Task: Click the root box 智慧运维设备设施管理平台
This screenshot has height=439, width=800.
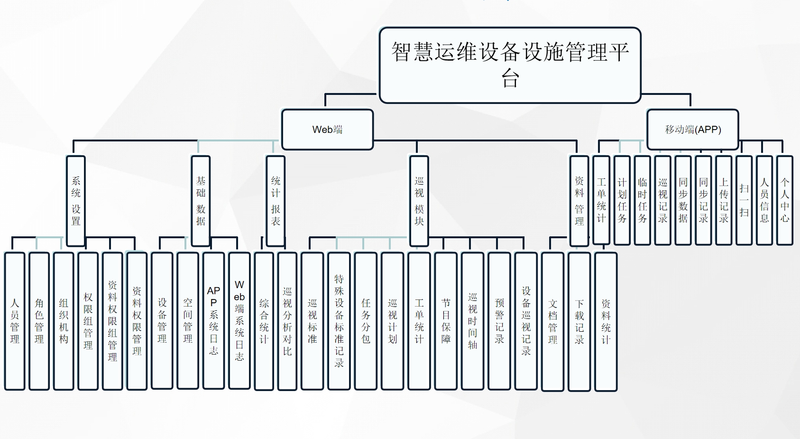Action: click(510, 65)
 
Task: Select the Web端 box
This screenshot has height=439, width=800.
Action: click(327, 130)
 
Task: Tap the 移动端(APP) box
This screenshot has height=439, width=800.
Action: click(692, 130)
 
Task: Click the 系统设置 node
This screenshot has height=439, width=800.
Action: click(76, 201)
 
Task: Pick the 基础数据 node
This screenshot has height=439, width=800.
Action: click(201, 201)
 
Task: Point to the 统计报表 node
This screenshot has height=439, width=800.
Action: click(276, 201)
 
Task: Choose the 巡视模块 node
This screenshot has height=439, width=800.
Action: click(419, 201)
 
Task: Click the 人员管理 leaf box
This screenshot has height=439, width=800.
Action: click(15, 321)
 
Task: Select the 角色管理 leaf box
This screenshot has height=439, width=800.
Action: click(39, 321)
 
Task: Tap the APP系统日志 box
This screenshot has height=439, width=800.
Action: click(213, 320)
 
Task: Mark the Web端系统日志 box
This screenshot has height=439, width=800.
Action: click(239, 320)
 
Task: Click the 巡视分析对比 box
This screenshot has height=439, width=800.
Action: click(287, 321)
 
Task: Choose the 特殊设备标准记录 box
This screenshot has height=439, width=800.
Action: click(339, 321)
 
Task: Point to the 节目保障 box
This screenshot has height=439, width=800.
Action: click(446, 321)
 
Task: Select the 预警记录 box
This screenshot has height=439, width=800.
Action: click(499, 321)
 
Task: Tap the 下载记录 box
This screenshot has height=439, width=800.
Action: click(579, 321)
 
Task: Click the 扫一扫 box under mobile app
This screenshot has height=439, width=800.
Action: click(744, 200)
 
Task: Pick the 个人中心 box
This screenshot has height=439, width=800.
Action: click(785, 200)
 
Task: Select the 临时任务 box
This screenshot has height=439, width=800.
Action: click(642, 200)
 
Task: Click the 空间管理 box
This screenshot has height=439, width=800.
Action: click(188, 320)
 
